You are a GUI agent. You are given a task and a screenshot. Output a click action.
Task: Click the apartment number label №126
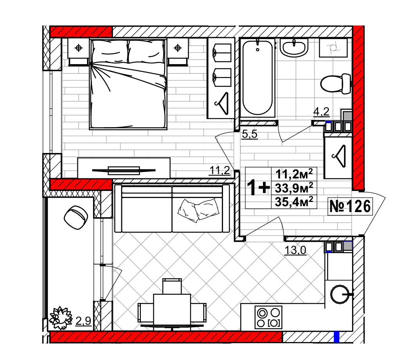pyautogui.click(x=350, y=206)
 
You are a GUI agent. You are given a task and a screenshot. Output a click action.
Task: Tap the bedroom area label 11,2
pyautogui.click(x=220, y=170)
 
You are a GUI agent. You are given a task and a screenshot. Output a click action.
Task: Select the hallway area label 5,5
pyautogui.click(x=250, y=134)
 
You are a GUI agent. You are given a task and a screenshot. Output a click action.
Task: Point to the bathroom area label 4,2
pyautogui.click(x=321, y=112)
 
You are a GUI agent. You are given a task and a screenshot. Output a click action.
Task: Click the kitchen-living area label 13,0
pyautogui.click(x=295, y=250)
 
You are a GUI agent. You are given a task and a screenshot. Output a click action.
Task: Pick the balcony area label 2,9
pyautogui.click(x=83, y=321)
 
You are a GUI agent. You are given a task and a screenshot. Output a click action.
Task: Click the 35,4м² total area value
pyautogui.click(x=294, y=202)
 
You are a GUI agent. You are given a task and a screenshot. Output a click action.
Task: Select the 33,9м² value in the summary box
pyautogui.click(x=294, y=188)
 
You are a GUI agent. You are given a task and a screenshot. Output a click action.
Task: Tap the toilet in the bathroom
pyautogui.click(x=336, y=83)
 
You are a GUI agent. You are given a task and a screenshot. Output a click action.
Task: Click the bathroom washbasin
pyautogui.click(x=294, y=48)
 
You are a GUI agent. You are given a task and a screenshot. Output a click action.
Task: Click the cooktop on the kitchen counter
pyautogui.click(x=268, y=317)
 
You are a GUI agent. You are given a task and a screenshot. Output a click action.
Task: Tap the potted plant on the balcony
pyautogui.click(x=61, y=318)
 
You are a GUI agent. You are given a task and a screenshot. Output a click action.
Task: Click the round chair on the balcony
pyautogui.click(x=76, y=218)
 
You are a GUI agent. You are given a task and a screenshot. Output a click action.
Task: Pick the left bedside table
pyautogui.click(x=79, y=52)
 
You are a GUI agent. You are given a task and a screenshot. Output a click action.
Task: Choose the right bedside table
pyautogui.click(x=178, y=52)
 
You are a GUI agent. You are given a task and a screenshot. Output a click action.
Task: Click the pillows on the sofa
pyautogui.click(x=198, y=210)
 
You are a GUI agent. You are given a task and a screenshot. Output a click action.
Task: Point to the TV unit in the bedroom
pyautogui.click(x=124, y=168)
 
